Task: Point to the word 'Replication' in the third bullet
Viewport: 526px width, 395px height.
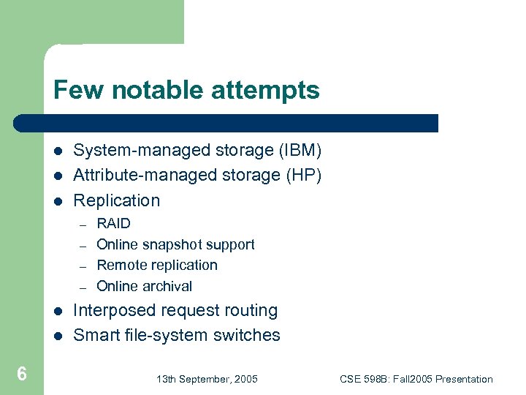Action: click(x=117, y=200)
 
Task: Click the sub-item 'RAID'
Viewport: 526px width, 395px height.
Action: click(x=113, y=224)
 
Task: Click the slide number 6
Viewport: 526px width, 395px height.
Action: click(x=22, y=375)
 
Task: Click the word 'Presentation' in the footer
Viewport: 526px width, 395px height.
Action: click(x=464, y=379)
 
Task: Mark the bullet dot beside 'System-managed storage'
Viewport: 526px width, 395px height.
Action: click(x=58, y=151)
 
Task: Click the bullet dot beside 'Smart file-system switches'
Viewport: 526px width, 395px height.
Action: click(x=58, y=336)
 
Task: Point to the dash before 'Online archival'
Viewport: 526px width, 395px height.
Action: click(x=83, y=287)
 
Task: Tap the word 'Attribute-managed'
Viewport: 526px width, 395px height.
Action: click(x=134, y=176)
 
